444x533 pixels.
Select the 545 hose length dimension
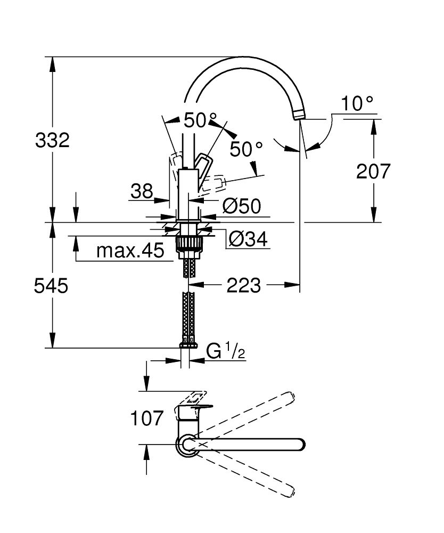[51, 286]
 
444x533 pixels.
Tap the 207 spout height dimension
[373, 172]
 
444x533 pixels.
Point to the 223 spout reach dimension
[243, 286]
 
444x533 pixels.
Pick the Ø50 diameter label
[241, 206]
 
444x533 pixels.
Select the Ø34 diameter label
[246, 240]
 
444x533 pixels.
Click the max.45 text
[130, 251]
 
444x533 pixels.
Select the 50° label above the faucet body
[201, 120]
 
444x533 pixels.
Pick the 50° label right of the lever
[246, 149]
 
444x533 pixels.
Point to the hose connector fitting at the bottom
[187, 344]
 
